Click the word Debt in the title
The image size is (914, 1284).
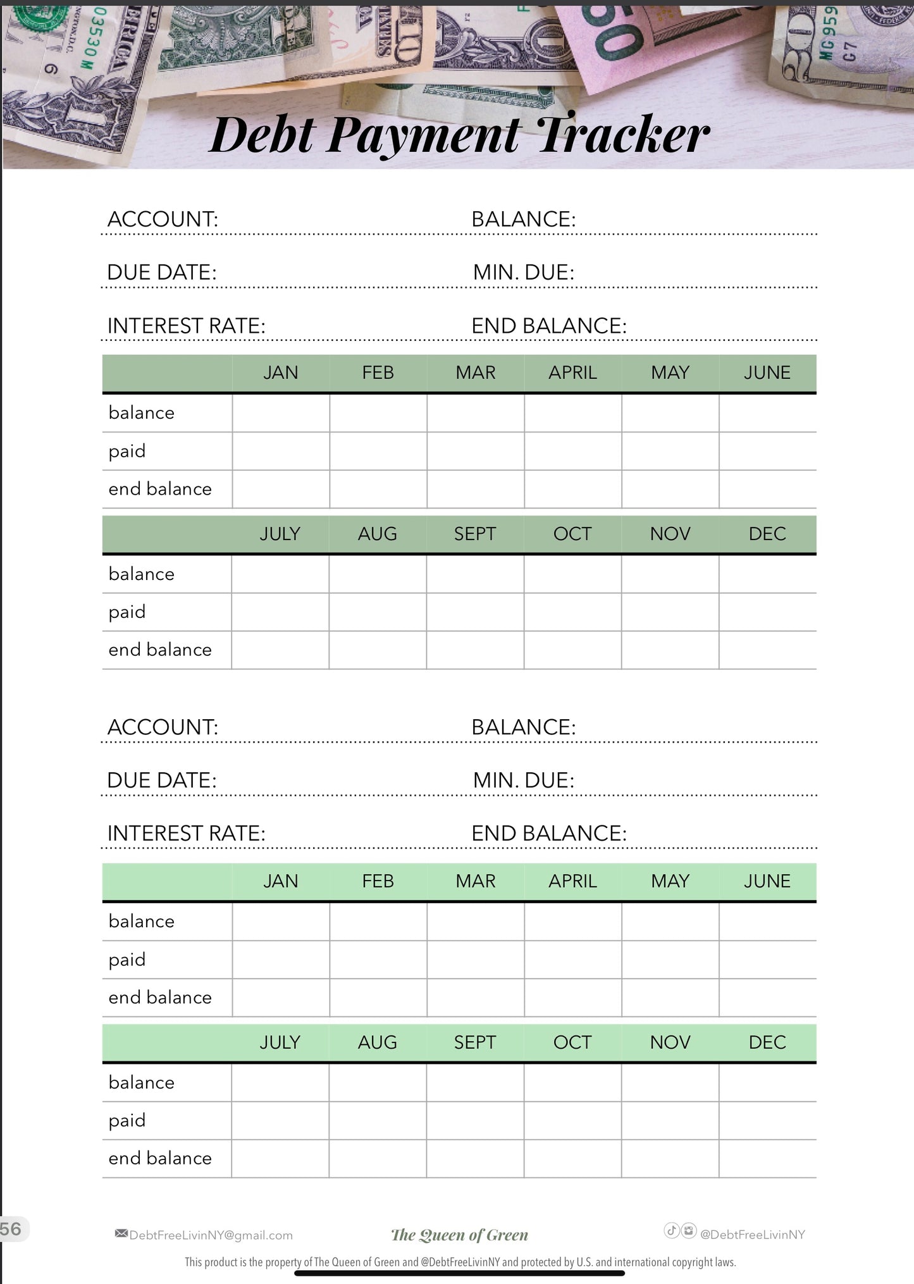(262, 135)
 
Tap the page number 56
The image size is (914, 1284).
(11, 1229)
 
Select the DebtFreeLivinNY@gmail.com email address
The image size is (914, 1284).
(211, 1235)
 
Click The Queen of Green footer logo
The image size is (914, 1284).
(459, 1235)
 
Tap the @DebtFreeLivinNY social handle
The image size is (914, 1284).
(752, 1235)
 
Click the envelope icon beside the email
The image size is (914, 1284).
(121, 1233)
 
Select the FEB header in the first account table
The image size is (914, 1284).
(378, 373)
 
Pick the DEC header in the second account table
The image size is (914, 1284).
(767, 1042)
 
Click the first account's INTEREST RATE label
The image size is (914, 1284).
(186, 326)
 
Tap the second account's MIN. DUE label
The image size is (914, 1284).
(523, 780)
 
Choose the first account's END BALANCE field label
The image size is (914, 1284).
(548, 326)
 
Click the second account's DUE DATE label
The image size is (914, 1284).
(162, 780)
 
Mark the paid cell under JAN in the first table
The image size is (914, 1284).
(281, 451)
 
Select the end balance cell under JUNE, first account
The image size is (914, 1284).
(767, 489)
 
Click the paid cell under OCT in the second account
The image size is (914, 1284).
(572, 1121)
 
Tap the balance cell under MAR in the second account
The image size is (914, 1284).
(476, 922)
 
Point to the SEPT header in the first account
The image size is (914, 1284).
(475, 534)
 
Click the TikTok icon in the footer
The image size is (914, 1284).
(671, 1230)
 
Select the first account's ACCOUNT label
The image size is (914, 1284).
(163, 219)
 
